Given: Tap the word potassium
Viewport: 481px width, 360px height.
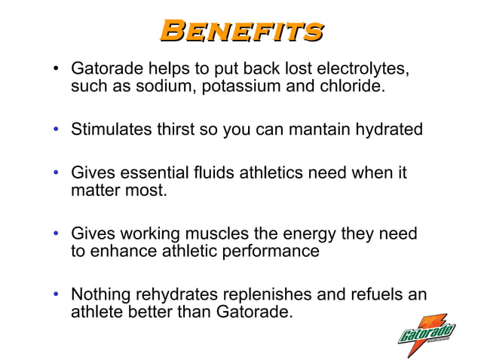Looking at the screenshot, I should pyautogui.click(x=231, y=87).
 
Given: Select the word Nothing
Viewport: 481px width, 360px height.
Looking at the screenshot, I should pyautogui.click(x=102, y=294).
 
